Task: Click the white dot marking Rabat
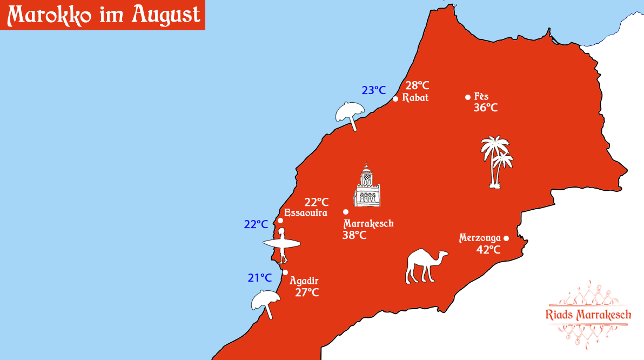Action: tap(395, 98)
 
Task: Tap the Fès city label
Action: tap(481, 97)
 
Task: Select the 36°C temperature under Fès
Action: tap(485, 108)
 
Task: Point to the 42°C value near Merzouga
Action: tap(488, 250)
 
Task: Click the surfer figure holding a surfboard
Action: tap(281, 245)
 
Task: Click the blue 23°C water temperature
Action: tap(374, 90)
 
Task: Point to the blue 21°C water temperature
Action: tap(260, 278)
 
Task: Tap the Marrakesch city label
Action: tap(368, 224)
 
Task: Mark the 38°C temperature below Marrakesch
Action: tap(354, 235)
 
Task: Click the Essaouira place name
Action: tap(306, 213)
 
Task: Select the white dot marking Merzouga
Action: tap(506, 238)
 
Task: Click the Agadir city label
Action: tap(304, 281)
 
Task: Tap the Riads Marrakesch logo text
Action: tap(589, 315)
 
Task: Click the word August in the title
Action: tap(165, 15)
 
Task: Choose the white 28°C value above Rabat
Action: tap(417, 85)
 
